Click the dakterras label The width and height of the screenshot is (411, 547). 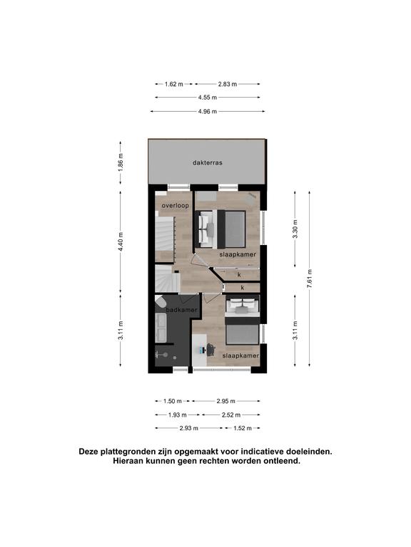tap(207, 162)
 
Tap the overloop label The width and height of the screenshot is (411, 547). tap(175, 206)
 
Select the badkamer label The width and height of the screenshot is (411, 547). tap(181, 310)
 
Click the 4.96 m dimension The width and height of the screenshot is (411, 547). tap(207, 112)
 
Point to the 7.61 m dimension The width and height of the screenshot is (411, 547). tap(309, 278)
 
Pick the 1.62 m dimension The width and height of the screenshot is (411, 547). tap(173, 84)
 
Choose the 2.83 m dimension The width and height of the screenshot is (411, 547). tap(228, 84)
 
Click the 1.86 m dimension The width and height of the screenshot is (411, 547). tap(121, 162)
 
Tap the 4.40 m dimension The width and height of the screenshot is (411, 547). tap(121, 241)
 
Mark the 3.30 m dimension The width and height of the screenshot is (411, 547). tap(295, 229)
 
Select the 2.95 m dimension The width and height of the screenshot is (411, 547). tap(225, 401)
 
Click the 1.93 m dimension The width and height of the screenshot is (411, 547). tap(178, 415)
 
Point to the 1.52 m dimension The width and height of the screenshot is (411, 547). tap(242, 428)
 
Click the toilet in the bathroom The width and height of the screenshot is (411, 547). tap(160, 301)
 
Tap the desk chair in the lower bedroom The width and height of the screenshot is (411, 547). tap(210, 350)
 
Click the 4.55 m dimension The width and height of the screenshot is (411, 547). tap(208, 98)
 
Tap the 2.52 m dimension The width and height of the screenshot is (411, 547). tap(231, 415)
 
